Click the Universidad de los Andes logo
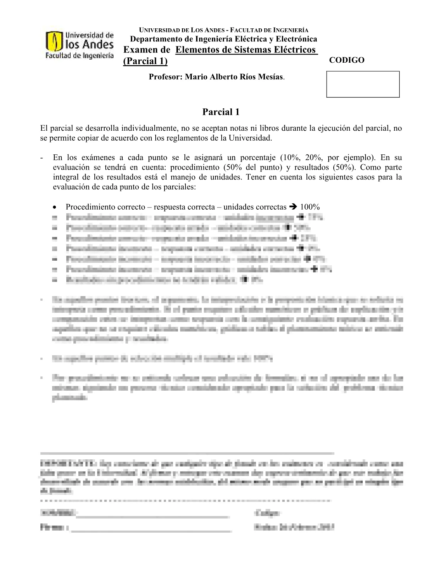pos(79,45)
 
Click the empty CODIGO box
pos(363,84)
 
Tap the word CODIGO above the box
pos(346,60)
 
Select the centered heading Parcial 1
pos(221,112)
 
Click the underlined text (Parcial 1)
pos(145,61)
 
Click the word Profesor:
pos(165,77)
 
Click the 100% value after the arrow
pos(310,207)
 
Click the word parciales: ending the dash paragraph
pos(179,187)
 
